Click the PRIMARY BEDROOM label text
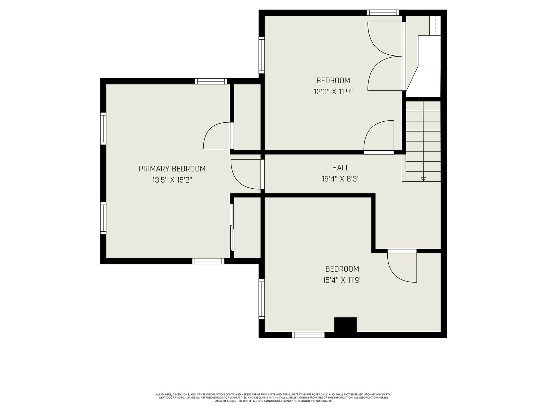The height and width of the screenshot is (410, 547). coord(172,169)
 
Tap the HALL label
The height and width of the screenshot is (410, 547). coord(341,168)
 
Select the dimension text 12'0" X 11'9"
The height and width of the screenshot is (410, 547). coord(333,92)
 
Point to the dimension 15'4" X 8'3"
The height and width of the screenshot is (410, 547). coord(341,179)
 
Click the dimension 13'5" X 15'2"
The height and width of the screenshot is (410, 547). coord(172,180)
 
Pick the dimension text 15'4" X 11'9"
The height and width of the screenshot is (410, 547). coord(342,280)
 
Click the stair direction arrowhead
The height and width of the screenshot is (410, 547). coord(423,179)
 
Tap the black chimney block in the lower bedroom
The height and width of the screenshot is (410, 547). coord(345,325)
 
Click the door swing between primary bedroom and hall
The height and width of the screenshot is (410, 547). coord(246,174)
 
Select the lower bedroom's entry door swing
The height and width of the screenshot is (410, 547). coord(402,268)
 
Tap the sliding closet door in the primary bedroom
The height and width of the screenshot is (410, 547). coord(232,227)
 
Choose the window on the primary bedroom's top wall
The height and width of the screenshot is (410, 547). coord(211,81)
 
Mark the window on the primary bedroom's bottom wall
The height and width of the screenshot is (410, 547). coord(208,261)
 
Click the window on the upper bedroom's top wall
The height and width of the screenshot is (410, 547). coord(383,13)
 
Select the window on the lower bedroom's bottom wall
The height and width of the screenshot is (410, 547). coord(308,335)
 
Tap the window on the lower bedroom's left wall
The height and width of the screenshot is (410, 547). coord(262,299)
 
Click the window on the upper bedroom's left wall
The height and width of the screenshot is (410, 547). coord(262,55)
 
